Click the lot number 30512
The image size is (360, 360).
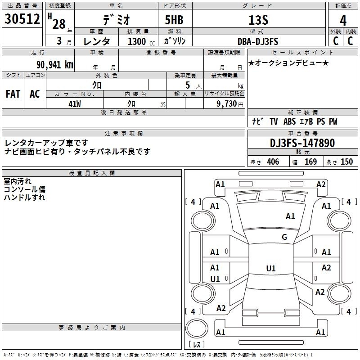pos(22,19)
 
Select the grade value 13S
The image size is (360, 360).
pos(258,20)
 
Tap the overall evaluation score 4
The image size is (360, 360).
pos(343,21)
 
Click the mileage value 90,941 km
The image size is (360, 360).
pos(55,65)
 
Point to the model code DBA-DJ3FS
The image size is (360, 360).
pos(258,41)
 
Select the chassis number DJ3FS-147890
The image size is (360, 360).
pos(302,143)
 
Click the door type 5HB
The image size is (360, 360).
pos(174,20)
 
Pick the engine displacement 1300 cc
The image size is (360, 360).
pos(141,41)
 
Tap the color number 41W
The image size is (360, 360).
pos(75,104)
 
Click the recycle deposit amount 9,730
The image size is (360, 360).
pos(227,104)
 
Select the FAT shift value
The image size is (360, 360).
pos(13,94)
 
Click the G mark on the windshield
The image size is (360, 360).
pos(284,237)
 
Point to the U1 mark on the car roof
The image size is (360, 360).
pos(271,268)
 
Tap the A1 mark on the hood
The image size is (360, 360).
pos(290,216)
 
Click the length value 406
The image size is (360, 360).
pos(273,162)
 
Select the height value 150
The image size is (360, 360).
pos(347,162)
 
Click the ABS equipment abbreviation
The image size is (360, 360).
pos(289,121)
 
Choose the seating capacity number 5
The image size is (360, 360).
pos(188,85)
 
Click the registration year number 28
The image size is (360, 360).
pos(59,24)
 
